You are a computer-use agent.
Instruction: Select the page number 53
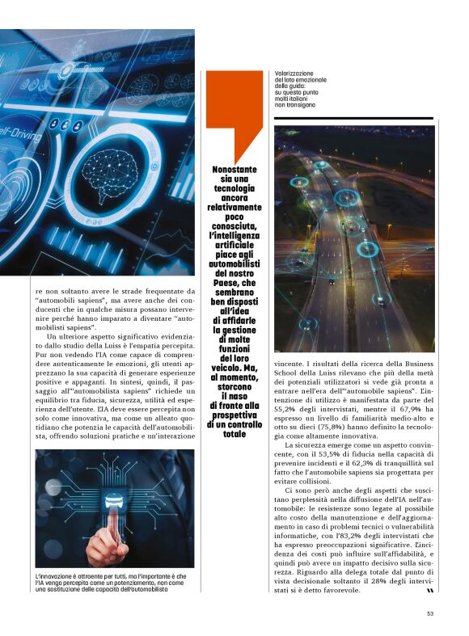[431, 613]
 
